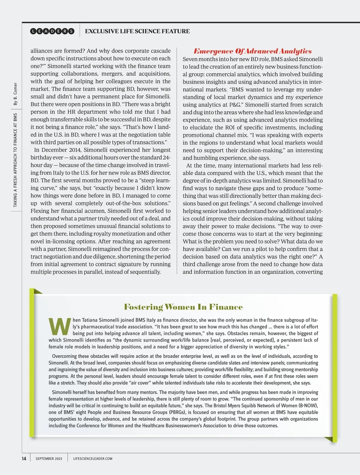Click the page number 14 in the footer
click(x=24, y=458)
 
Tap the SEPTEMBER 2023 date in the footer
click(x=49, y=459)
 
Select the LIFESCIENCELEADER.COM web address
click(x=93, y=459)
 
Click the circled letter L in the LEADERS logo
click(x=34, y=31)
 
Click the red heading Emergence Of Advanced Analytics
click(x=253, y=51)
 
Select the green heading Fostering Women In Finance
click(x=183, y=307)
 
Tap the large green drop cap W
click(x=60, y=326)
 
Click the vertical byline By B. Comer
click(x=15, y=94)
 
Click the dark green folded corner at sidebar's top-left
click(x=37, y=291)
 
